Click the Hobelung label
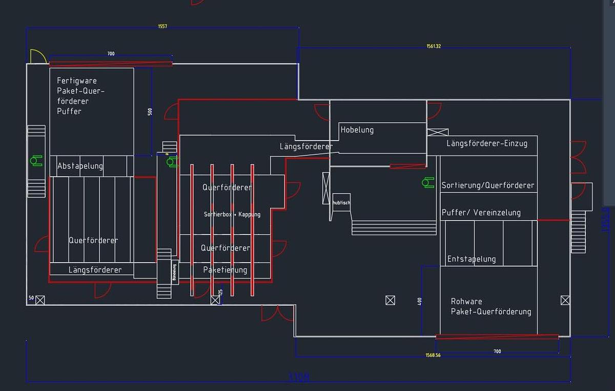coord(357,130)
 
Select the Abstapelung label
coord(80,166)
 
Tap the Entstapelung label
coord(471,259)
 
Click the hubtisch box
coord(341,203)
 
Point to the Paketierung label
coord(225,270)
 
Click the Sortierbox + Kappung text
coord(232,214)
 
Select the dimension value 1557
coord(162,26)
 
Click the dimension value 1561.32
coord(434,46)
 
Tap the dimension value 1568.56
coord(433,355)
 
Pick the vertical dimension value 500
coord(150,111)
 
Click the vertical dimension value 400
coord(420,301)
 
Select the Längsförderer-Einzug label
coord(487,144)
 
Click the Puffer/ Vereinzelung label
coord(481,212)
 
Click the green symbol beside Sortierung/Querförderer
coord(427,182)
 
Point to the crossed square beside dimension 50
coord(40,300)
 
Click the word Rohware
coord(466,301)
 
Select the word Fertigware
coord(77,81)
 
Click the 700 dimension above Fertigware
coord(111,54)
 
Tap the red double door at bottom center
coord(277,313)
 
